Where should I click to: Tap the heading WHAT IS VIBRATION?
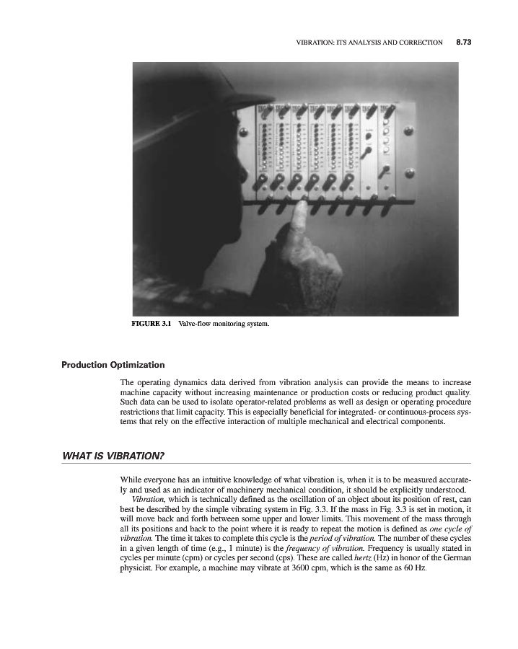pyautogui.click(x=115, y=456)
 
